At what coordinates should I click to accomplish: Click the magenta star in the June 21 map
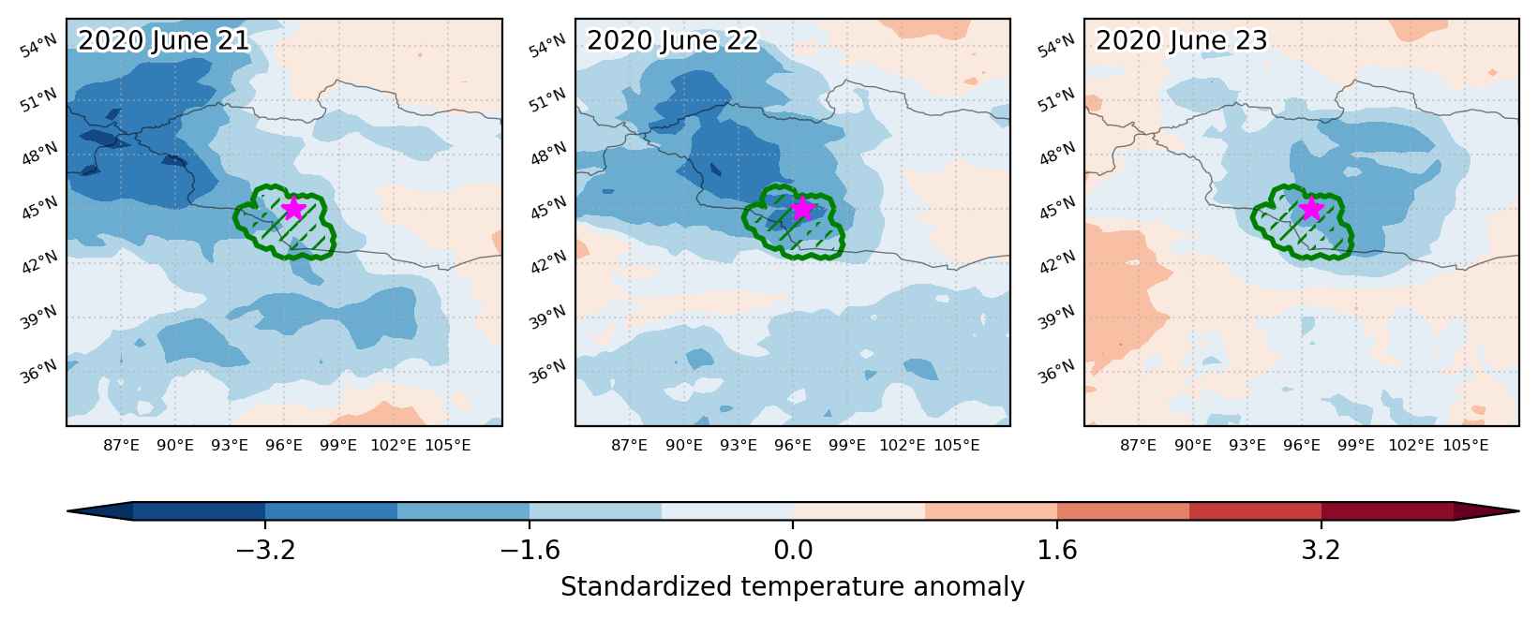[x=293, y=208]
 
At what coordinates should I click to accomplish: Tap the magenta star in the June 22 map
[x=802, y=208]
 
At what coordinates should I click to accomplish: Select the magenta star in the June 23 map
[x=1311, y=208]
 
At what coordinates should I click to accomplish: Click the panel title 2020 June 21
[x=163, y=40]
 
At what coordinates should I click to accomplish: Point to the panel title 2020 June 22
[x=672, y=40]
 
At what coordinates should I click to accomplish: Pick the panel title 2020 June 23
[x=1181, y=40]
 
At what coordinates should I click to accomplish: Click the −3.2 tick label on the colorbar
[x=265, y=550]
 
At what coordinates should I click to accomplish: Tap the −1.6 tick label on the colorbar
[x=530, y=550]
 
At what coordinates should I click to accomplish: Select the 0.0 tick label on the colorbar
[x=793, y=550]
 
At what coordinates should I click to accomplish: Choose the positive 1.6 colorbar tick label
[x=1057, y=550]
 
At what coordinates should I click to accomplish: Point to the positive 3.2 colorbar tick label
[x=1321, y=550]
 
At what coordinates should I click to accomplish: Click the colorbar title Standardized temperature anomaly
[x=792, y=587]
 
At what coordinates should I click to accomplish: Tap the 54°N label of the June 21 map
[x=37, y=47]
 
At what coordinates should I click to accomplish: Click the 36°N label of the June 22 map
[x=546, y=373]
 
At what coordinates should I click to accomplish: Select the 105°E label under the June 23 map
[x=1465, y=446]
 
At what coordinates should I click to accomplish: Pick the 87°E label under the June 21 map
[x=121, y=446]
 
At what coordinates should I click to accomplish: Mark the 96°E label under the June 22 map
[x=792, y=446]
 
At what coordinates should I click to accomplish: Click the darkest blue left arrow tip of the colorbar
[x=68, y=511]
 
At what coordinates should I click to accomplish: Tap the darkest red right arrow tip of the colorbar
[x=1517, y=511]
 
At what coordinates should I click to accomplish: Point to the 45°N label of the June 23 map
[x=1055, y=209]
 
